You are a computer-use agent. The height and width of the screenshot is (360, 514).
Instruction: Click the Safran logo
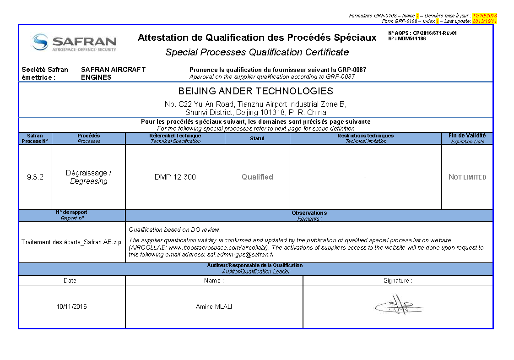pos(74,43)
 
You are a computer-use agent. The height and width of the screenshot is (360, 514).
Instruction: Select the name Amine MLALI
pos(214,306)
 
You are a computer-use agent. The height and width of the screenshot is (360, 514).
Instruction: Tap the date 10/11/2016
pos(71,306)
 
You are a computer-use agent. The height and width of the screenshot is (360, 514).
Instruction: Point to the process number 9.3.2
pos(35,177)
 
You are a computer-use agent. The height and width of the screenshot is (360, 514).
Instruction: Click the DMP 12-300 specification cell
pos(175,177)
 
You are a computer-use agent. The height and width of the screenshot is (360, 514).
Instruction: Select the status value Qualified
pos(257,177)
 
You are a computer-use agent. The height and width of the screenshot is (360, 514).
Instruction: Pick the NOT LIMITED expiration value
pos(467,177)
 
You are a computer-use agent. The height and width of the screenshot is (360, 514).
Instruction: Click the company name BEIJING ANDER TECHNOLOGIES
pos(255,91)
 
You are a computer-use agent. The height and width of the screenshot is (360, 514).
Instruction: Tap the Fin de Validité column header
pos(467,136)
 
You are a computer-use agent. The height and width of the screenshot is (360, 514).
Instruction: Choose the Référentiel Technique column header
pos(175,136)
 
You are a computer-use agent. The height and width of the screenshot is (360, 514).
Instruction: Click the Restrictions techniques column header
pos(365,136)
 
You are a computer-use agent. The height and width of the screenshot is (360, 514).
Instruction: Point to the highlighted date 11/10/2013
pos(484,16)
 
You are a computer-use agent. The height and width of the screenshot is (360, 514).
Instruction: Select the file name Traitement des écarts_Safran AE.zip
pos(71,242)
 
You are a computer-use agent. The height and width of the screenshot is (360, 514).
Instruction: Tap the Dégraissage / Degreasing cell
pos(89,177)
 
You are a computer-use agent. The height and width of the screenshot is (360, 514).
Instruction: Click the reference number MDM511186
pos(411,39)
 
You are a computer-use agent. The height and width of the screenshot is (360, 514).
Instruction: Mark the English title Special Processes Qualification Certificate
pos(257,52)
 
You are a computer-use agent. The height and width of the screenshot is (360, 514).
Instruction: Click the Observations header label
pos(309,213)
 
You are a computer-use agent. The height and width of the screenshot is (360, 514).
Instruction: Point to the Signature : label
pos(397,281)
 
